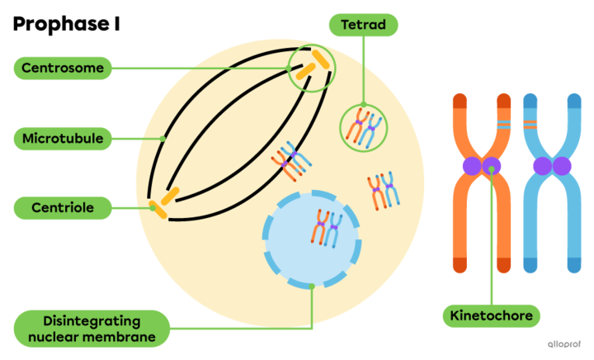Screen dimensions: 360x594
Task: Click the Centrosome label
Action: coord(62,68)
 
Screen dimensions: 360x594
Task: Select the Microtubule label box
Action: coord(62,138)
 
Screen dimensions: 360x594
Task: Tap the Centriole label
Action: coord(62,207)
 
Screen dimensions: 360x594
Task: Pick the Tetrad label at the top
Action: coord(363,25)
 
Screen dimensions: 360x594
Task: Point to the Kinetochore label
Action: coord(492,315)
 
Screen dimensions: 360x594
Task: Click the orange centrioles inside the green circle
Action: coord(311,68)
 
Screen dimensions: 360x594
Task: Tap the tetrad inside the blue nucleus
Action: coord(326,228)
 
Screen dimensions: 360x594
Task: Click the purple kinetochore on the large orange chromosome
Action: coord(482,166)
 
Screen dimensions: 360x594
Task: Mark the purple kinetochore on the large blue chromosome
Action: coord(552,166)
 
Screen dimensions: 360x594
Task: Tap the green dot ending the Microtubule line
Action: coord(163,138)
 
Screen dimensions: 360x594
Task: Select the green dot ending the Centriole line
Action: coord(153,208)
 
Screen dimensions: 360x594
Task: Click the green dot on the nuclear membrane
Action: coord(312,286)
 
